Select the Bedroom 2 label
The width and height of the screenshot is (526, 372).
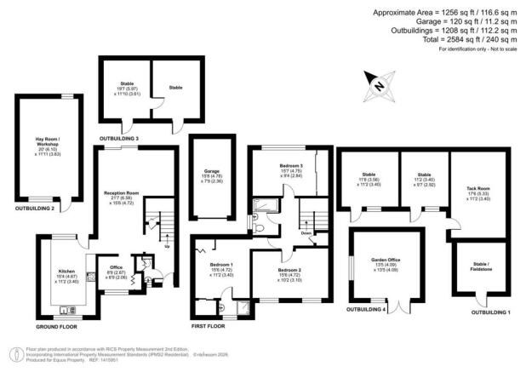click(293, 272)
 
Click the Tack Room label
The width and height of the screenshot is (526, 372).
click(477, 191)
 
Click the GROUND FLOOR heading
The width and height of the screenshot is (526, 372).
click(57, 328)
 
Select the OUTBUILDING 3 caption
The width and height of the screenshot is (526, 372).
click(119, 138)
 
